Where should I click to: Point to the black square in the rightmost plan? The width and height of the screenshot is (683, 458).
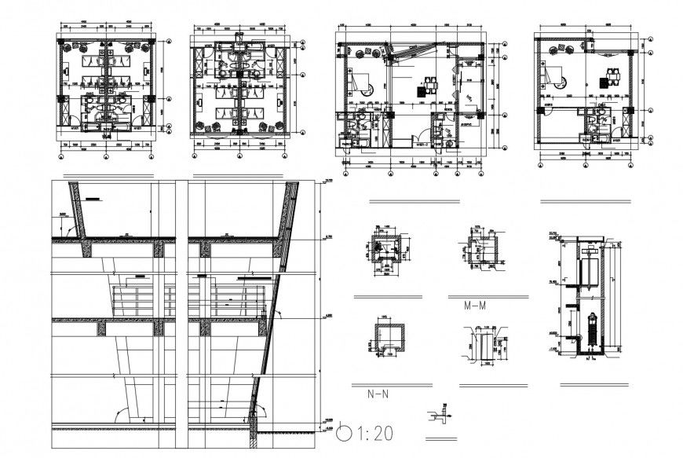point(603,82)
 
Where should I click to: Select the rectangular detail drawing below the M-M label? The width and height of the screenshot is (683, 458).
point(482,345)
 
